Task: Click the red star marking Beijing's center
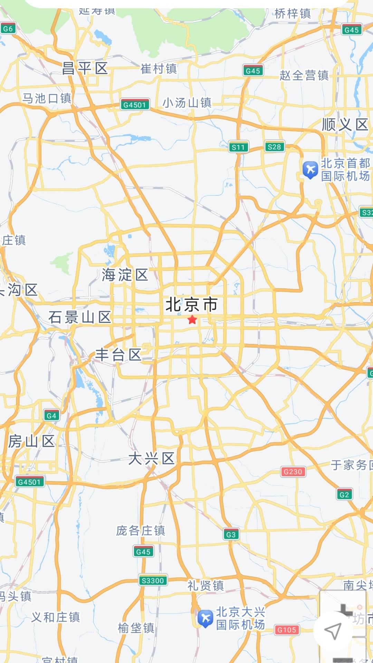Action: coord(192,319)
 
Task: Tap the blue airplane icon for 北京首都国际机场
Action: coord(310,170)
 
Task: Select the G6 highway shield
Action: coord(8,29)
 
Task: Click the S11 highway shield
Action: coord(238,147)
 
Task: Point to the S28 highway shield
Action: coord(274,147)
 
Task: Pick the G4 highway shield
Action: coord(51,415)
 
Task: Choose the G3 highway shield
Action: coord(231,535)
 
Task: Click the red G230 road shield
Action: coord(293,472)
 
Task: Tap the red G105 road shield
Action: coord(287,630)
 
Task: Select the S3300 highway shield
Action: coord(153,580)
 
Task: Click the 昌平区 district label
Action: coord(85,68)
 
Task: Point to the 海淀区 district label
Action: coord(125,275)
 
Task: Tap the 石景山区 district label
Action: coord(80,317)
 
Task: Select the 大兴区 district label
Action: coord(151,459)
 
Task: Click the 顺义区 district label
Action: coord(345,125)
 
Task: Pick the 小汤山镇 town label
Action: coord(187,103)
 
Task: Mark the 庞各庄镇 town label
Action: coord(141,530)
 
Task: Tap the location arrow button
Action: coord(333,631)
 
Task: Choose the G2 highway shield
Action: coord(344,494)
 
